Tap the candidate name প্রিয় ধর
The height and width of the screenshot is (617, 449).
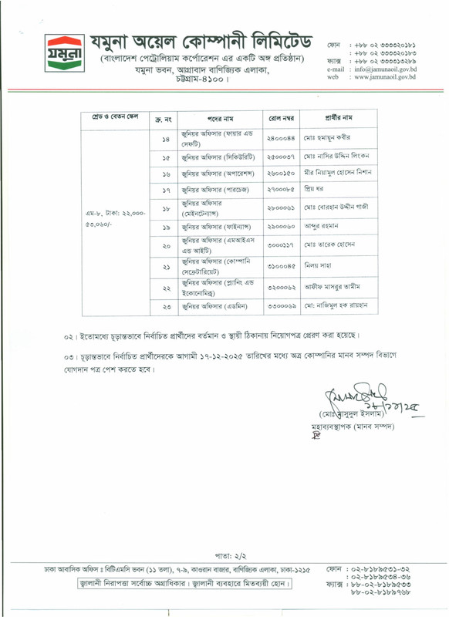(x=317, y=189)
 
